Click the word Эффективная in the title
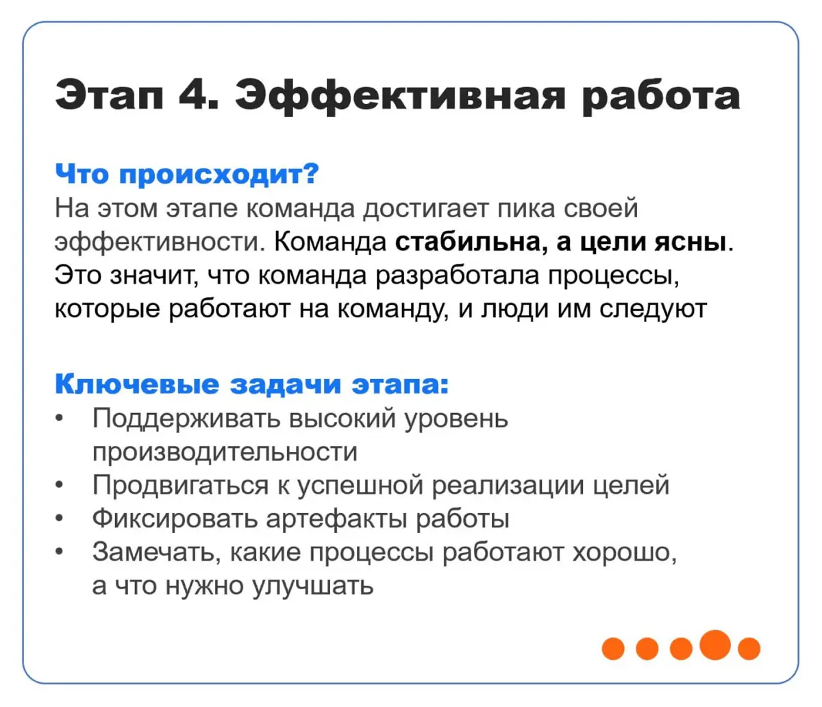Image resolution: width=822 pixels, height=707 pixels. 400,96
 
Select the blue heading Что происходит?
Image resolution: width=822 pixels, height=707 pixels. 187,174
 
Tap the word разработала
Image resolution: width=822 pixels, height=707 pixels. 458,275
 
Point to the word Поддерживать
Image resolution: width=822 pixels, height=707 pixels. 186,418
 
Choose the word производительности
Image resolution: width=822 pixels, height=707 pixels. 225,451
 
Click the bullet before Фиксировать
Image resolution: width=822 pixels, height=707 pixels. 60,519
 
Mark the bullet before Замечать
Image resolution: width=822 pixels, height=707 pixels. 60,553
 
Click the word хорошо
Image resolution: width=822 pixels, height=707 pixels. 624,552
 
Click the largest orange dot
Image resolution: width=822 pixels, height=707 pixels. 716,645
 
